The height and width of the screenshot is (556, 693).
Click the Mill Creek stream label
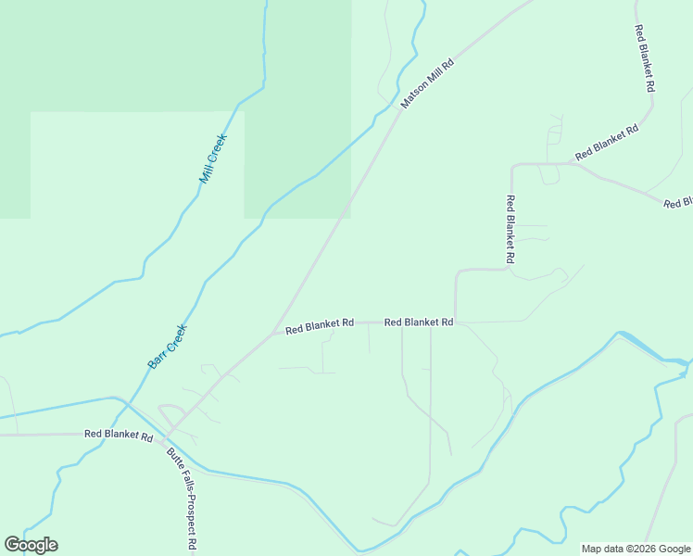coord(213,158)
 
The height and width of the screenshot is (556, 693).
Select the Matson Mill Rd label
coord(428,83)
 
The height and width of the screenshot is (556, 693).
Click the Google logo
coord(31,545)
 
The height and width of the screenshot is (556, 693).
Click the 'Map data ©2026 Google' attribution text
coord(636,549)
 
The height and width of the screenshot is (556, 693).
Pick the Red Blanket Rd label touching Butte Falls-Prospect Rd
coord(118,434)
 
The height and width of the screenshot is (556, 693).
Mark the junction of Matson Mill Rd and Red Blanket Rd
coord(272,333)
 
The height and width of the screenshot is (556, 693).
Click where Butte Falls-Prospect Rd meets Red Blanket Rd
coord(168,434)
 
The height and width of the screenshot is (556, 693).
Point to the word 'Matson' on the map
coord(416,95)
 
